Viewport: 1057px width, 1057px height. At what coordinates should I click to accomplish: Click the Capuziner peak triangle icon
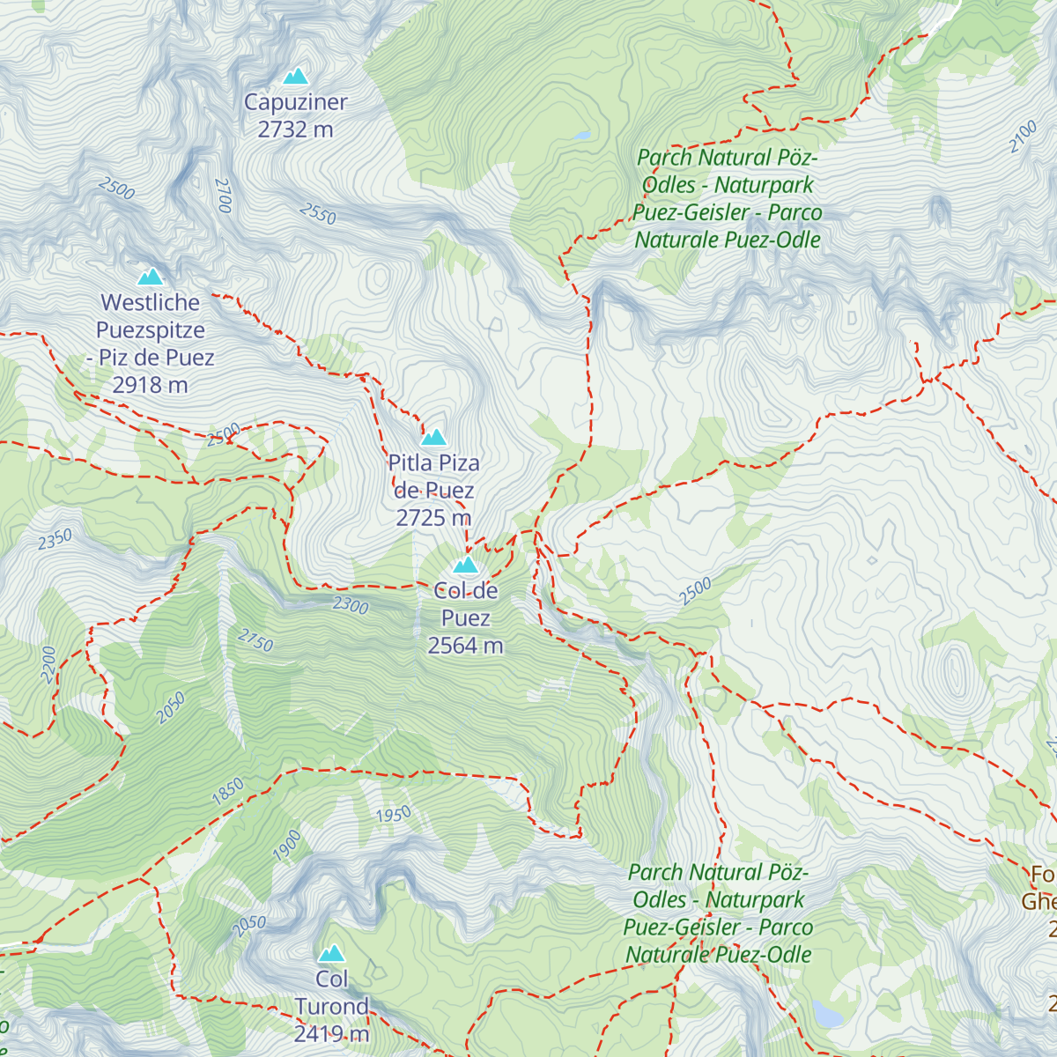[x=296, y=76]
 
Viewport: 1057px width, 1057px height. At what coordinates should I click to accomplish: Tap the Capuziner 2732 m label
[x=296, y=115]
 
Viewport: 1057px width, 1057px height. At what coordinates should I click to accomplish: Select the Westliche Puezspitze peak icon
[x=151, y=277]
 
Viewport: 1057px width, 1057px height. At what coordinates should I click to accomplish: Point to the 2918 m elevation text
[x=151, y=385]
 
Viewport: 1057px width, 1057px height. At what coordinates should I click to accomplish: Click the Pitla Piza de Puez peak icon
[x=433, y=437]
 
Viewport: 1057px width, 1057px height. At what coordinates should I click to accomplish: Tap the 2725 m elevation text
[x=433, y=517]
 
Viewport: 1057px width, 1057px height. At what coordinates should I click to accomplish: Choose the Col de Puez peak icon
[x=465, y=565]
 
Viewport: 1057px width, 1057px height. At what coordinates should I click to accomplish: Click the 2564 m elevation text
[x=465, y=646]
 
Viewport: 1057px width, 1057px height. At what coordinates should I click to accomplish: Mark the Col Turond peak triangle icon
[x=331, y=953]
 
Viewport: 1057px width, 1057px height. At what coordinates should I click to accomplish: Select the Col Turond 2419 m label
[x=331, y=1006]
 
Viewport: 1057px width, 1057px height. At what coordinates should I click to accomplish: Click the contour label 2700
[x=223, y=196]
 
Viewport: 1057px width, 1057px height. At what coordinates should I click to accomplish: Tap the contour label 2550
[x=318, y=213]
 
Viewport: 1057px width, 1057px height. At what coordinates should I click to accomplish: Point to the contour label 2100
[x=1024, y=137]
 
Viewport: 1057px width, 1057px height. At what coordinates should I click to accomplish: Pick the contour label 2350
[x=55, y=539]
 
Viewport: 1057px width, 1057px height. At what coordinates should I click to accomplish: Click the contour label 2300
[x=351, y=605]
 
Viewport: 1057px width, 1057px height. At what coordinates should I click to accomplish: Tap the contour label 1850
[x=228, y=791]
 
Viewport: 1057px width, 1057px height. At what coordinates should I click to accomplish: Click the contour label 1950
[x=394, y=814]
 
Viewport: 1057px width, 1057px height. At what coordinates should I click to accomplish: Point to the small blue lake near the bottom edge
[x=827, y=1014]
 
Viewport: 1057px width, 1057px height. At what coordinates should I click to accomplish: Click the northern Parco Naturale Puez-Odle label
[x=728, y=198]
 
